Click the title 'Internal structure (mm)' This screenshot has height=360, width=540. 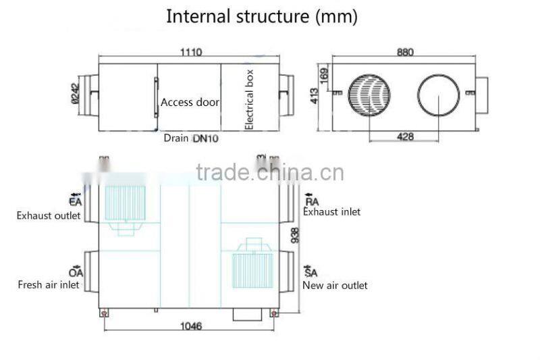pyautogui.click(x=262, y=16)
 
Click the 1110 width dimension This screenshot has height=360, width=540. pyautogui.click(x=190, y=52)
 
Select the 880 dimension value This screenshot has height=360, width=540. pyautogui.click(x=405, y=52)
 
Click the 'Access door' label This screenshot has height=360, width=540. pyautogui.click(x=190, y=103)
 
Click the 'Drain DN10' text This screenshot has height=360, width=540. pyautogui.click(x=191, y=138)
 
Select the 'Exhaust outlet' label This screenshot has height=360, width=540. pyautogui.click(x=49, y=216)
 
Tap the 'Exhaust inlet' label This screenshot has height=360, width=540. pyautogui.click(x=331, y=211)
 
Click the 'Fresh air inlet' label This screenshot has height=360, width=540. pyautogui.click(x=49, y=284)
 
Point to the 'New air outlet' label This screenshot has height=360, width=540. pyautogui.click(x=335, y=285)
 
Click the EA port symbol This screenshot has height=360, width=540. pyautogui.click(x=75, y=199)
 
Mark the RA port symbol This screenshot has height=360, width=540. pyautogui.click(x=312, y=199)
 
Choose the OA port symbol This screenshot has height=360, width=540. pyautogui.click(x=76, y=271)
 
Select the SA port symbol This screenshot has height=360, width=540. pyautogui.click(x=311, y=271)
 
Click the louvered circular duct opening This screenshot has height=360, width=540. pyautogui.click(x=369, y=95)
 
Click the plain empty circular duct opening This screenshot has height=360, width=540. pyautogui.click(x=439, y=95)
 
